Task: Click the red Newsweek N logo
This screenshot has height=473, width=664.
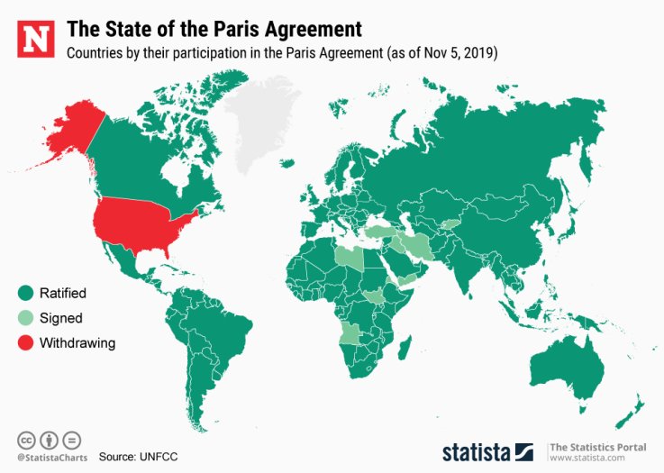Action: pyautogui.click(x=35, y=39)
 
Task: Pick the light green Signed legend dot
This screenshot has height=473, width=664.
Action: pyautogui.click(x=25, y=317)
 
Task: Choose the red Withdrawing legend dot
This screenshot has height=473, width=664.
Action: pyautogui.click(x=25, y=342)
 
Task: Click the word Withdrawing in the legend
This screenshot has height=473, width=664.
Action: pyautogui.click(x=77, y=342)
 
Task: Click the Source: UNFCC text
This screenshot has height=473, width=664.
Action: pyautogui.click(x=139, y=457)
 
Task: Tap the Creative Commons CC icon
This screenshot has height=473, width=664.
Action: pyautogui.click(x=26, y=441)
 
